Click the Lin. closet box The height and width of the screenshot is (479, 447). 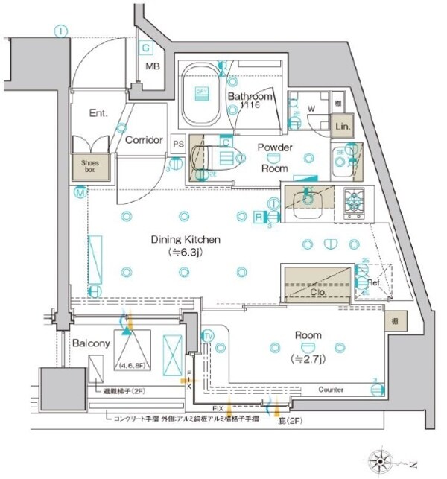click(x=343, y=127)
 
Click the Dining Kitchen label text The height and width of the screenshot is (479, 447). click(x=185, y=240)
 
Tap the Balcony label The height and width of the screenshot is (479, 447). click(x=92, y=344)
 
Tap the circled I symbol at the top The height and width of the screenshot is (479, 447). click(x=61, y=31)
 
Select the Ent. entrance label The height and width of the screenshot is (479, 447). click(x=98, y=114)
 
